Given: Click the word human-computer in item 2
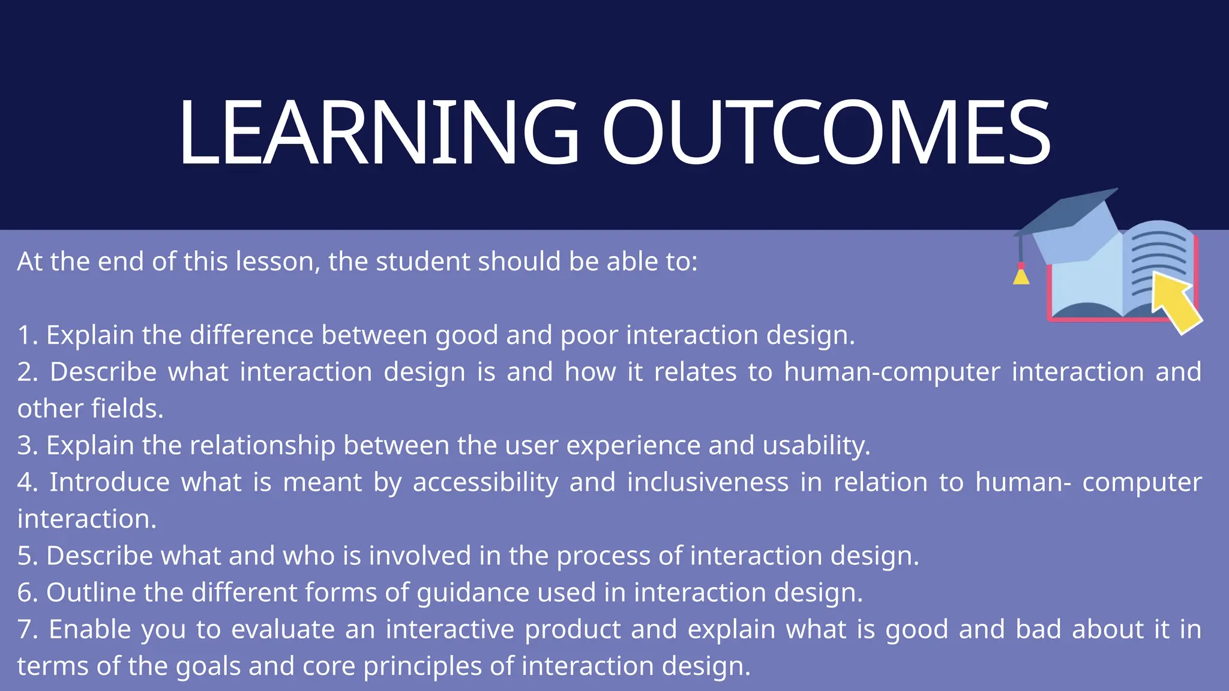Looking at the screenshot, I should coord(892,372).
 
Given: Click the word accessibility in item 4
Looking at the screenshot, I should coord(485,483).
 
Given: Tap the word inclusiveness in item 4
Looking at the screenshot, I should coord(708,483).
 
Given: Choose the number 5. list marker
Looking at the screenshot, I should coord(28,556).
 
